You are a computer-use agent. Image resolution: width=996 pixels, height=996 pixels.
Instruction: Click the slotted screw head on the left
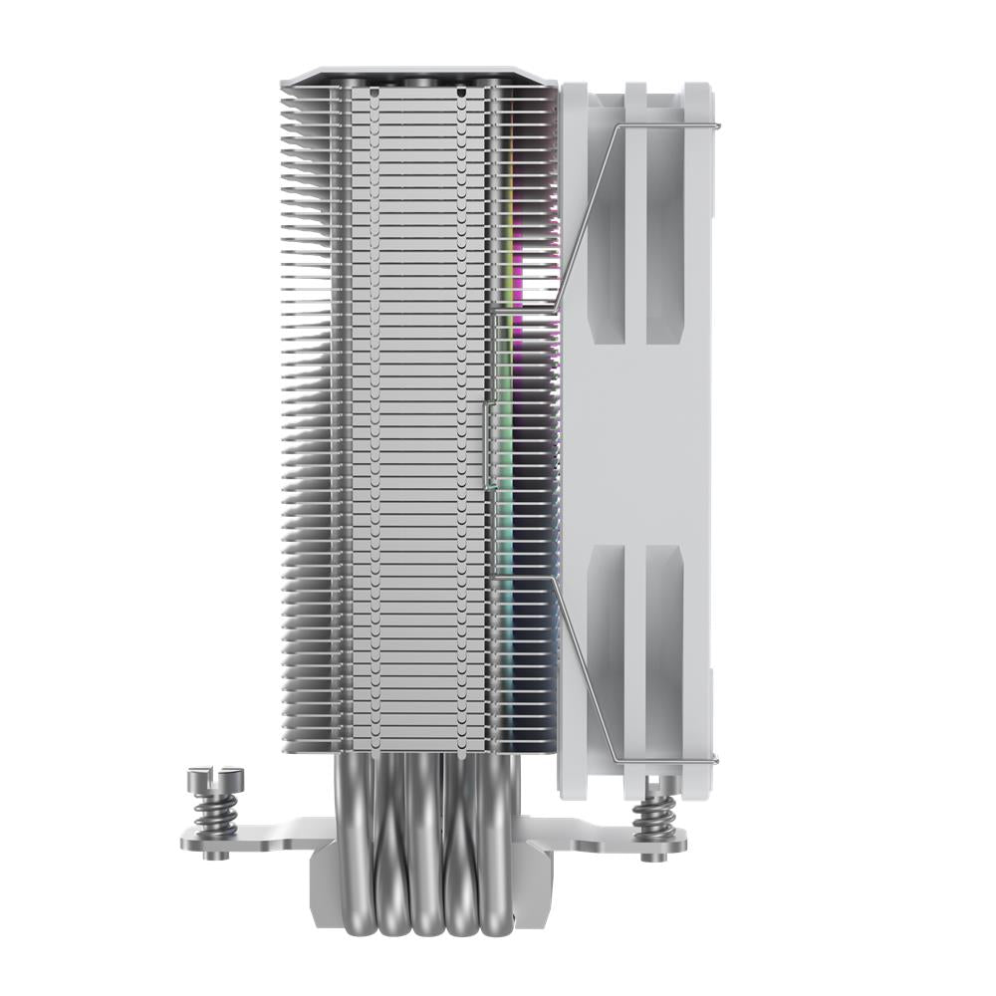click(x=213, y=773)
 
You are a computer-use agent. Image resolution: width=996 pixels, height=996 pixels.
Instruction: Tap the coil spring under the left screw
click(x=213, y=811)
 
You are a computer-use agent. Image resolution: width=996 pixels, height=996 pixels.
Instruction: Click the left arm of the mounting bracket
click(x=249, y=837)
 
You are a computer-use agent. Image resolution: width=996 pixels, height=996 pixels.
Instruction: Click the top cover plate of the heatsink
click(x=418, y=76)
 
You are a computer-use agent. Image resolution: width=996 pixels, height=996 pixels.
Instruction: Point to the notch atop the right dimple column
click(x=462, y=92)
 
